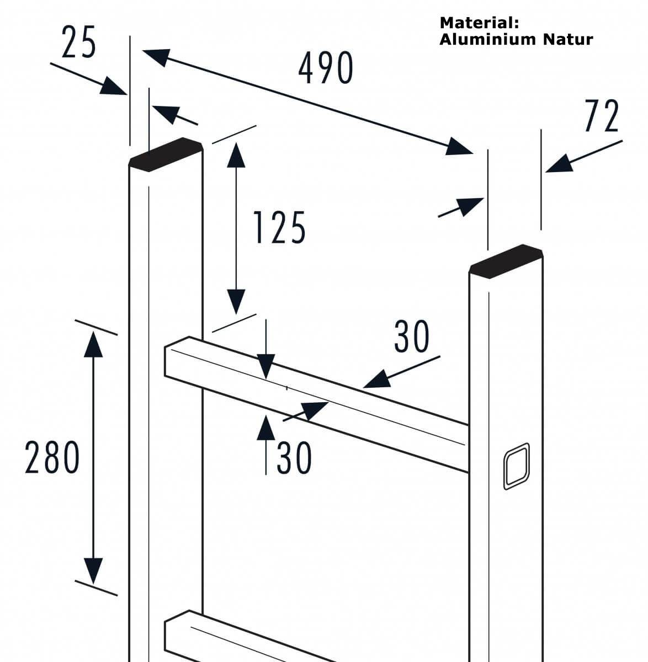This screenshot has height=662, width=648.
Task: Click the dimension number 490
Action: pyautogui.click(x=326, y=68)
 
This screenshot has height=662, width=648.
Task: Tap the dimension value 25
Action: pyautogui.click(x=79, y=43)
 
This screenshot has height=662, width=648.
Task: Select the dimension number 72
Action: pyautogui.click(x=602, y=116)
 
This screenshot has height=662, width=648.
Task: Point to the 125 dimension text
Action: pyautogui.click(x=279, y=228)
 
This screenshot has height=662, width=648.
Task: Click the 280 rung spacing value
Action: pyautogui.click(x=52, y=458)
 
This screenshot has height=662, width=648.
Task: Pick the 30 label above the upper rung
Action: pyautogui.click(x=411, y=337)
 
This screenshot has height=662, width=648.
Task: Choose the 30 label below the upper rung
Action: pyautogui.click(x=294, y=457)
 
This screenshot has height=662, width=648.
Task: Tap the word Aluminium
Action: pyautogui.click(x=488, y=40)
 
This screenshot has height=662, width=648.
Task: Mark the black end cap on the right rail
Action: pyautogui.click(x=506, y=260)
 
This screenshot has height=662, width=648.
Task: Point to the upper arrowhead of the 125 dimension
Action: pyautogui.click(x=236, y=154)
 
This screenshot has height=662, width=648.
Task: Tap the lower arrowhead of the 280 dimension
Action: pyautogui.click(x=94, y=570)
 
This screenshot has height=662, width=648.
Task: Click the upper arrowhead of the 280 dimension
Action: pyautogui.click(x=94, y=345)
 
